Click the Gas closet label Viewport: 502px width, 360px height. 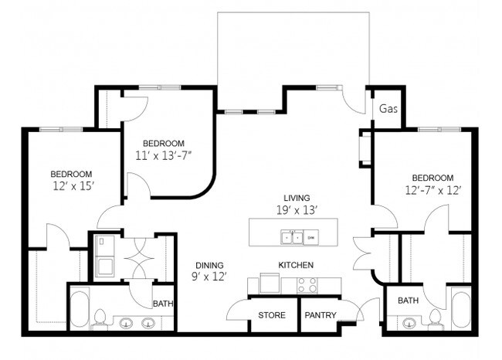[x=388, y=109]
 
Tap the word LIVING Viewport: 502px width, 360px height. [x=296, y=198]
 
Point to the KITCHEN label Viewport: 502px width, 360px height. [x=296, y=265]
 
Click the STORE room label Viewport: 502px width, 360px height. [x=271, y=315]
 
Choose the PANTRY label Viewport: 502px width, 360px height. [x=320, y=315]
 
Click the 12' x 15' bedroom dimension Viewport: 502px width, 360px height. [x=72, y=185]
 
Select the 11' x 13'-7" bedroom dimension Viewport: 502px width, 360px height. [x=162, y=155]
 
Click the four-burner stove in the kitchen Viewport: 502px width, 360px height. [x=307, y=285]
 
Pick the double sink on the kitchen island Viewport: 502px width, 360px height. [x=291, y=237]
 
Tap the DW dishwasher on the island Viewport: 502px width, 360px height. [x=311, y=237]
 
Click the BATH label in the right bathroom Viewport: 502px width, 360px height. [x=409, y=300]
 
